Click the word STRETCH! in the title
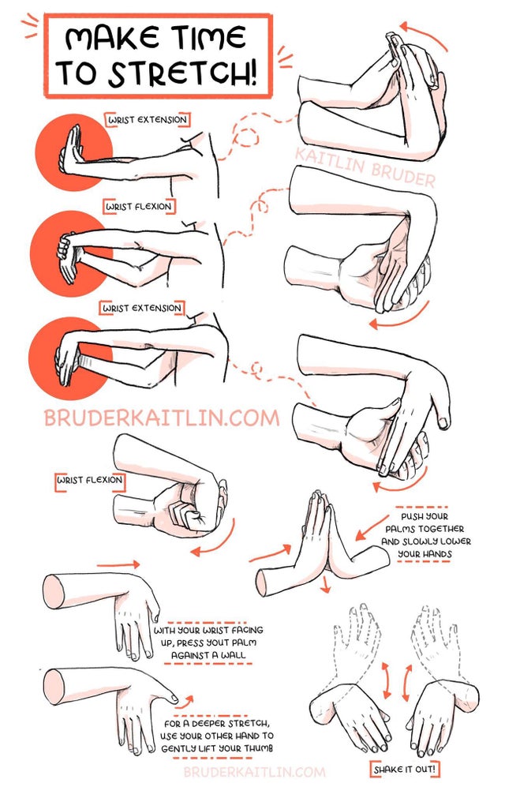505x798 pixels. coord(182,73)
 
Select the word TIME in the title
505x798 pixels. coord(208,38)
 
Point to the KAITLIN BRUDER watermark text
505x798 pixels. coord(365,166)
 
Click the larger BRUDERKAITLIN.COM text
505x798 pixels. coord(162,418)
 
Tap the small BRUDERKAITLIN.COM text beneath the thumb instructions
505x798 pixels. coord(254,771)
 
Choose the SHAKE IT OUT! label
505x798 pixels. coord(405,769)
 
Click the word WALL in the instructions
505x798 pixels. coord(233,655)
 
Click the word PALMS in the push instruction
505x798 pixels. coord(400,530)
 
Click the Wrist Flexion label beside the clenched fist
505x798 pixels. coord(89,480)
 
